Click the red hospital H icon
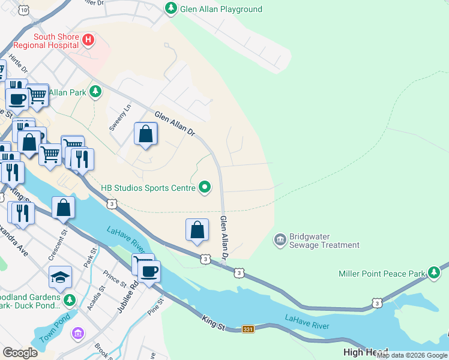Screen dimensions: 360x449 (x=88, y=40)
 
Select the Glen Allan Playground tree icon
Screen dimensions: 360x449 (x=171, y=8)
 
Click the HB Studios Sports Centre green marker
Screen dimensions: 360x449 (x=205, y=188)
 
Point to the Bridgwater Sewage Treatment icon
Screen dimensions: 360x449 (x=280, y=240)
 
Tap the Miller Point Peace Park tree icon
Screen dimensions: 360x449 (x=434, y=274)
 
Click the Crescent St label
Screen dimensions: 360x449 (x=56, y=245)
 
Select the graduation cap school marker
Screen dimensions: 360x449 (x=60, y=277)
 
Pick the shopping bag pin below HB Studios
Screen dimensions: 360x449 (x=197, y=230)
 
